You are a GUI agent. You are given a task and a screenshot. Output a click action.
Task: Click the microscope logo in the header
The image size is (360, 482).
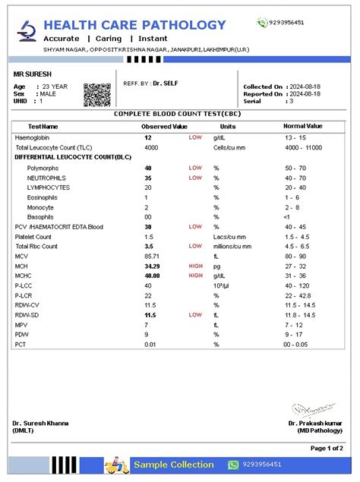pos(27,30)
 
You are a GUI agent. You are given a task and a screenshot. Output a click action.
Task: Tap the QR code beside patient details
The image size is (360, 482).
pos(96,94)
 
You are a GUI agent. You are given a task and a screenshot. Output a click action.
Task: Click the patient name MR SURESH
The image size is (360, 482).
pos(33,75)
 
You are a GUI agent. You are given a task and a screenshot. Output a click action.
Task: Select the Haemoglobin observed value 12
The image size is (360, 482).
pos(148,137)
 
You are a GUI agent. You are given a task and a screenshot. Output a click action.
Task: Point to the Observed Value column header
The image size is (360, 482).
pos(164,126)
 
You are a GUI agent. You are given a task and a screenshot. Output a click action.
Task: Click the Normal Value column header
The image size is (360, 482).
pos(302,126)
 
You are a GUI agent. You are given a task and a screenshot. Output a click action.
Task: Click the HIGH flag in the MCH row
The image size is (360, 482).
pos(196,266)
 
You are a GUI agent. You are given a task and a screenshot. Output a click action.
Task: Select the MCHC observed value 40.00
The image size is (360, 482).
pos(153,276)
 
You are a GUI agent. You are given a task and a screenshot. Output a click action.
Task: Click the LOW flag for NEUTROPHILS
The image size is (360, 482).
pos(195,177)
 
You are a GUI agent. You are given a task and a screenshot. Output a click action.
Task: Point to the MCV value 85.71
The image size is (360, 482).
pos(153,257)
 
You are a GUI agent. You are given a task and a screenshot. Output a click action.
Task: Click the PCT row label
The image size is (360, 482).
pos(21,345)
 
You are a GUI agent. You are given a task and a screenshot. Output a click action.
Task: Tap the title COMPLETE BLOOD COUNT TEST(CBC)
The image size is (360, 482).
pos(179,113)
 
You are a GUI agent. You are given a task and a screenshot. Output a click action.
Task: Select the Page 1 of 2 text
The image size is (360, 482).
pos(327,449)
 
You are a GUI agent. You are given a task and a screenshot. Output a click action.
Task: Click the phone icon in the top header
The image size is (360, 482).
pos(262,23)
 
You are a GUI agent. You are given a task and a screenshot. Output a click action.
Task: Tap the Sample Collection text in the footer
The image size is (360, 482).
pos(174,465)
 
